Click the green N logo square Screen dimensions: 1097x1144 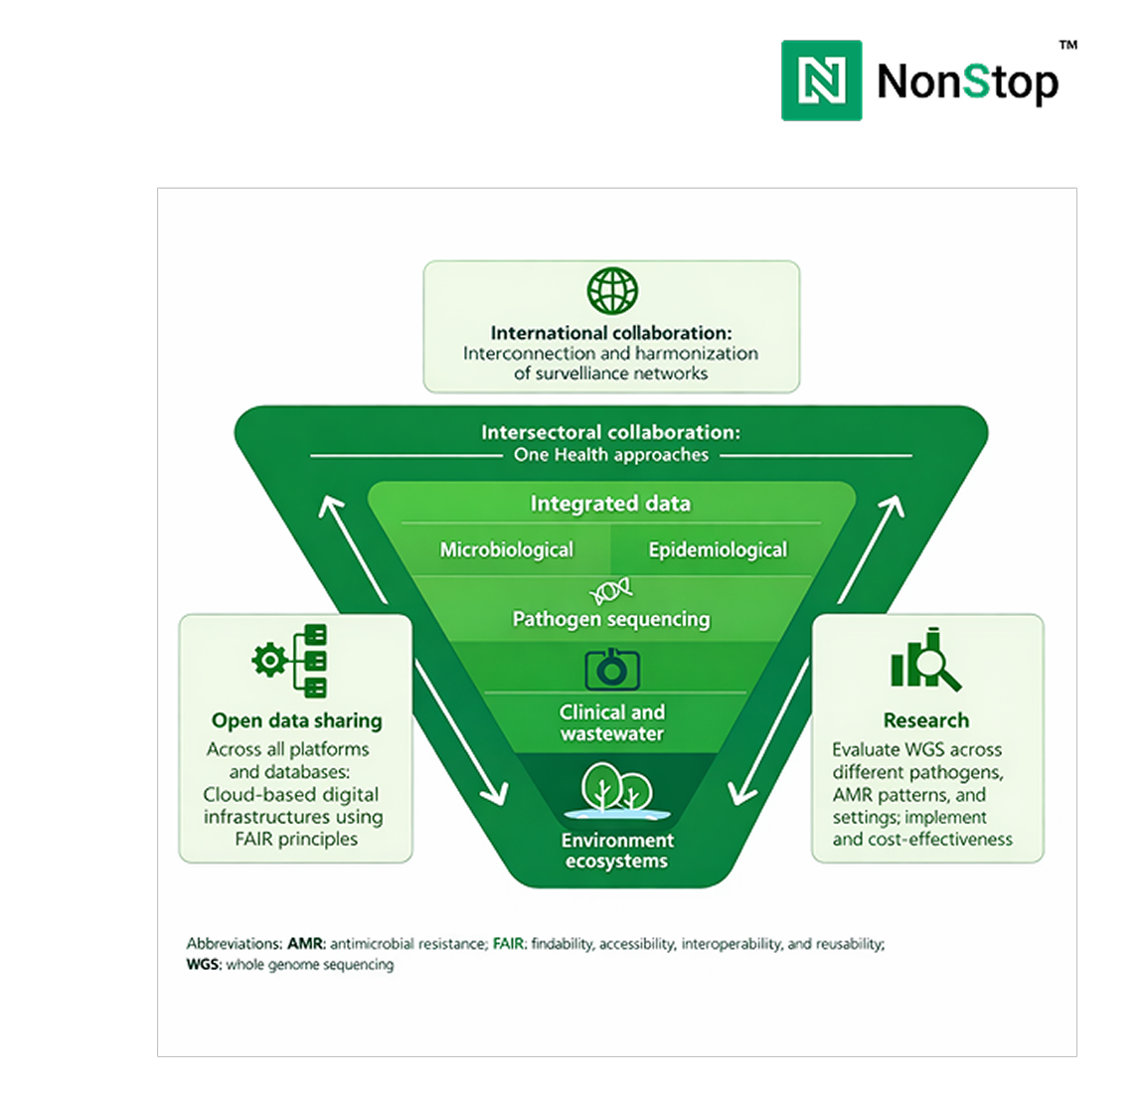[x=822, y=80]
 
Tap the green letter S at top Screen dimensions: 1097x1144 [x=976, y=80]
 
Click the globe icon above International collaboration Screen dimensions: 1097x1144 [x=611, y=291]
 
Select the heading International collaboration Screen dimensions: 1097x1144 [x=611, y=333]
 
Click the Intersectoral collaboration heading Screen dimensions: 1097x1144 [x=610, y=432]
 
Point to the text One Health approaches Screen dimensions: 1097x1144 [x=611, y=455]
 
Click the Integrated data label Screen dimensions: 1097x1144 [x=610, y=504]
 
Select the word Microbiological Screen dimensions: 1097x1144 [x=507, y=549]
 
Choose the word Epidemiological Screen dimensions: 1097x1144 [x=718, y=549]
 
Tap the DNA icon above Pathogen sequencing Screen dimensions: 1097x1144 [x=611, y=592]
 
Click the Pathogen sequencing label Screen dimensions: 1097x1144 [x=611, y=619]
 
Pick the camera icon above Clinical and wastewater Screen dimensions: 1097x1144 [x=612, y=669]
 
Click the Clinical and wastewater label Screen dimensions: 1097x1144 [x=612, y=722]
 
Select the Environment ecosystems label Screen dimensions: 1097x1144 [x=617, y=851]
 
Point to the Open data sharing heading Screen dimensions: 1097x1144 [x=296, y=720]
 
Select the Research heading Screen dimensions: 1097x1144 [x=926, y=720]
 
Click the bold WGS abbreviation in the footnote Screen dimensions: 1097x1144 [x=204, y=965]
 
